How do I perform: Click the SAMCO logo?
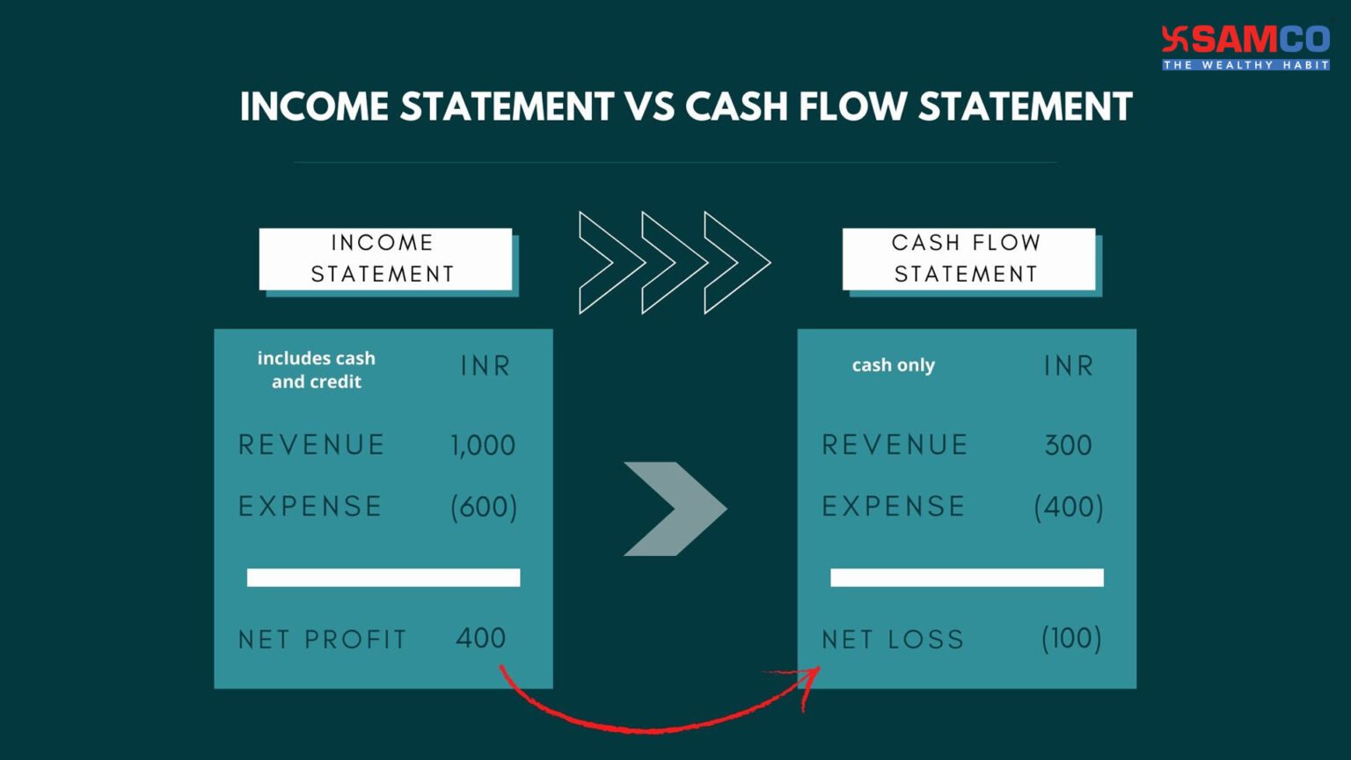pos(1245,47)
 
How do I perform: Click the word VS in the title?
pos(650,107)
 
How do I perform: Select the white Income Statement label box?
pos(384,259)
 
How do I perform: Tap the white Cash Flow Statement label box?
pos(968,259)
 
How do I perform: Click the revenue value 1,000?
pos(483,445)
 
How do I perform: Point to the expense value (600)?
pos(484,507)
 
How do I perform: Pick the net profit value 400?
pos(480,638)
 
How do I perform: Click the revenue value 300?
pos(1068,445)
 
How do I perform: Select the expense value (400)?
pos(1068,507)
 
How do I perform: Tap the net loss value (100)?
pos(1070,639)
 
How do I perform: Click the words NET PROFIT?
pos(322,639)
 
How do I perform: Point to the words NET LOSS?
pos(893,639)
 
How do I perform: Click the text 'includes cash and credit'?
pos(317,369)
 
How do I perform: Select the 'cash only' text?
pos(893,365)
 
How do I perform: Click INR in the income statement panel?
pos(486,366)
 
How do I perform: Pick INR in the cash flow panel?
pos(1069,366)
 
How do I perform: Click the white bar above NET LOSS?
pos(967,577)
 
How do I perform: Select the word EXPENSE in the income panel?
pos(310,507)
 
